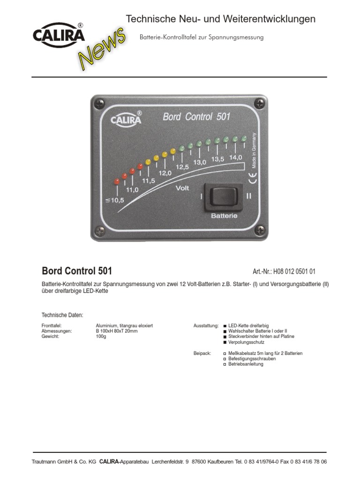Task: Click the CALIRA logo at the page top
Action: point(59,35)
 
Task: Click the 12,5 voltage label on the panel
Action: point(182,166)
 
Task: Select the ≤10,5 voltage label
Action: point(115,201)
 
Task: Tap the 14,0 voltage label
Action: point(236,157)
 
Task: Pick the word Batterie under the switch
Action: point(224,216)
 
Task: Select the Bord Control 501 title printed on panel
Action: point(196,117)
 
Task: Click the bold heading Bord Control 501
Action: point(77,271)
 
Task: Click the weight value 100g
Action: point(101,337)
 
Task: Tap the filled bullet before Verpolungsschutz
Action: point(225,343)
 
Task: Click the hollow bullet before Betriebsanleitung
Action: point(225,364)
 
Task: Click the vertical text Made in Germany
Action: point(254,150)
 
